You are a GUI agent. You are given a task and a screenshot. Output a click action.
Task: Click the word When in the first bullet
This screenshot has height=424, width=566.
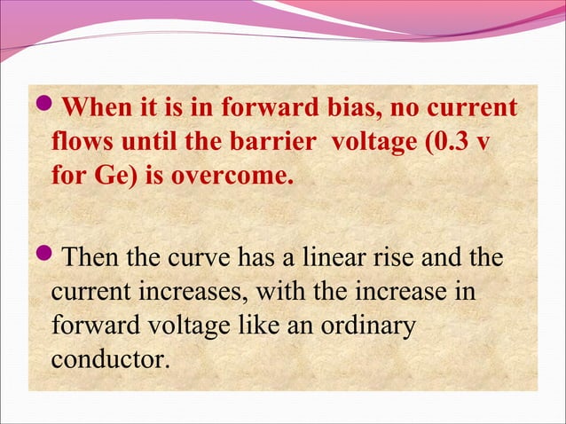95,110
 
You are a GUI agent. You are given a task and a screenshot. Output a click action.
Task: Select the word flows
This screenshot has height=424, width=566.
82,142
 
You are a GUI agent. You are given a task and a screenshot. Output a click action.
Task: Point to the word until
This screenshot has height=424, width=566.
147,142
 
